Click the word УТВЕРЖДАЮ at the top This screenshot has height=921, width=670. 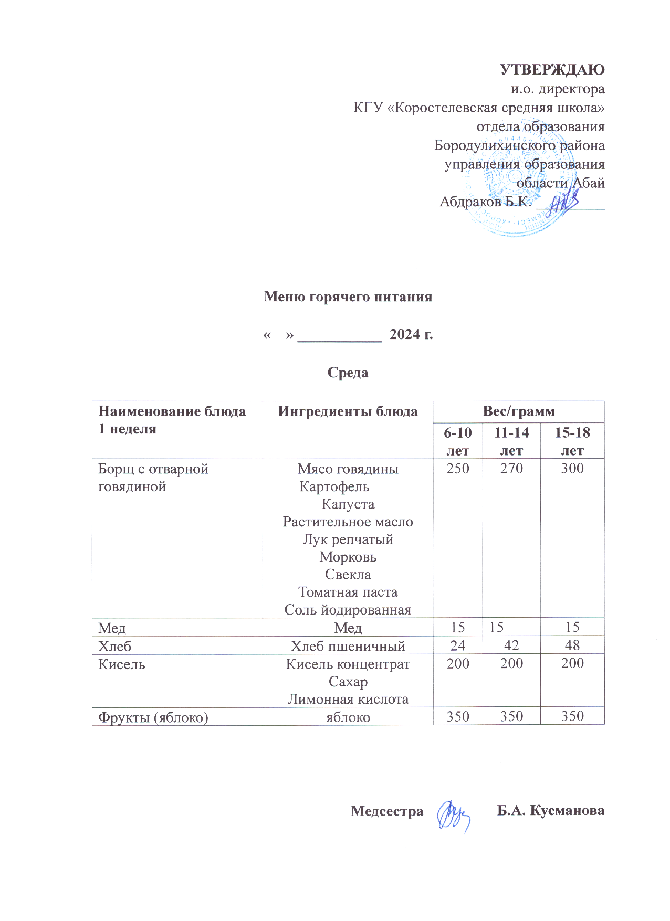pyautogui.click(x=552, y=70)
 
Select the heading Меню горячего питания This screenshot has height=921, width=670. pyautogui.click(x=348, y=297)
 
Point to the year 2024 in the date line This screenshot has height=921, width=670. pyautogui.click(x=404, y=334)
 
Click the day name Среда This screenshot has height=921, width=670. pyautogui.click(x=348, y=373)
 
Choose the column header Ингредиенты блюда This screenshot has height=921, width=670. pyautogui.click(x=348, y=411)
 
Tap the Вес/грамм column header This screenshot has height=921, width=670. pyautogui.click(x=518, y=411)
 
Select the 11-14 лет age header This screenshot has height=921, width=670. pyautogui.click(x=511, y=441)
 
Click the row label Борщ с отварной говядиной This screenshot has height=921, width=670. pyautogui.click(x=153, y=478)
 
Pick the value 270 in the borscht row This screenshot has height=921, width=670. pyautogui.click(x=511, y=468)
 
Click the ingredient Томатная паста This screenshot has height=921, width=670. pyautogui.click(x=348, y=592)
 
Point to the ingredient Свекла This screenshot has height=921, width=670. pyautogui.click(x=348, y=575)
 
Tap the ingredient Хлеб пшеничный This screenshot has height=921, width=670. pyautogui.click(x=348, y=646)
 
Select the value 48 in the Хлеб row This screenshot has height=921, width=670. pyautogui.click(x=572, y=645)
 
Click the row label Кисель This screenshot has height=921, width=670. pyautogui.click(x=122, y=664)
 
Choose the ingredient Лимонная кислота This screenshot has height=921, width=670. pyautogui.click(x=348, y=700)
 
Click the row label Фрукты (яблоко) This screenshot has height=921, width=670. pyautogui.click(x=153, y=717)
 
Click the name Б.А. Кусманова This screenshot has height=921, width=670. pyautogui.click(x=551, y=811)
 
